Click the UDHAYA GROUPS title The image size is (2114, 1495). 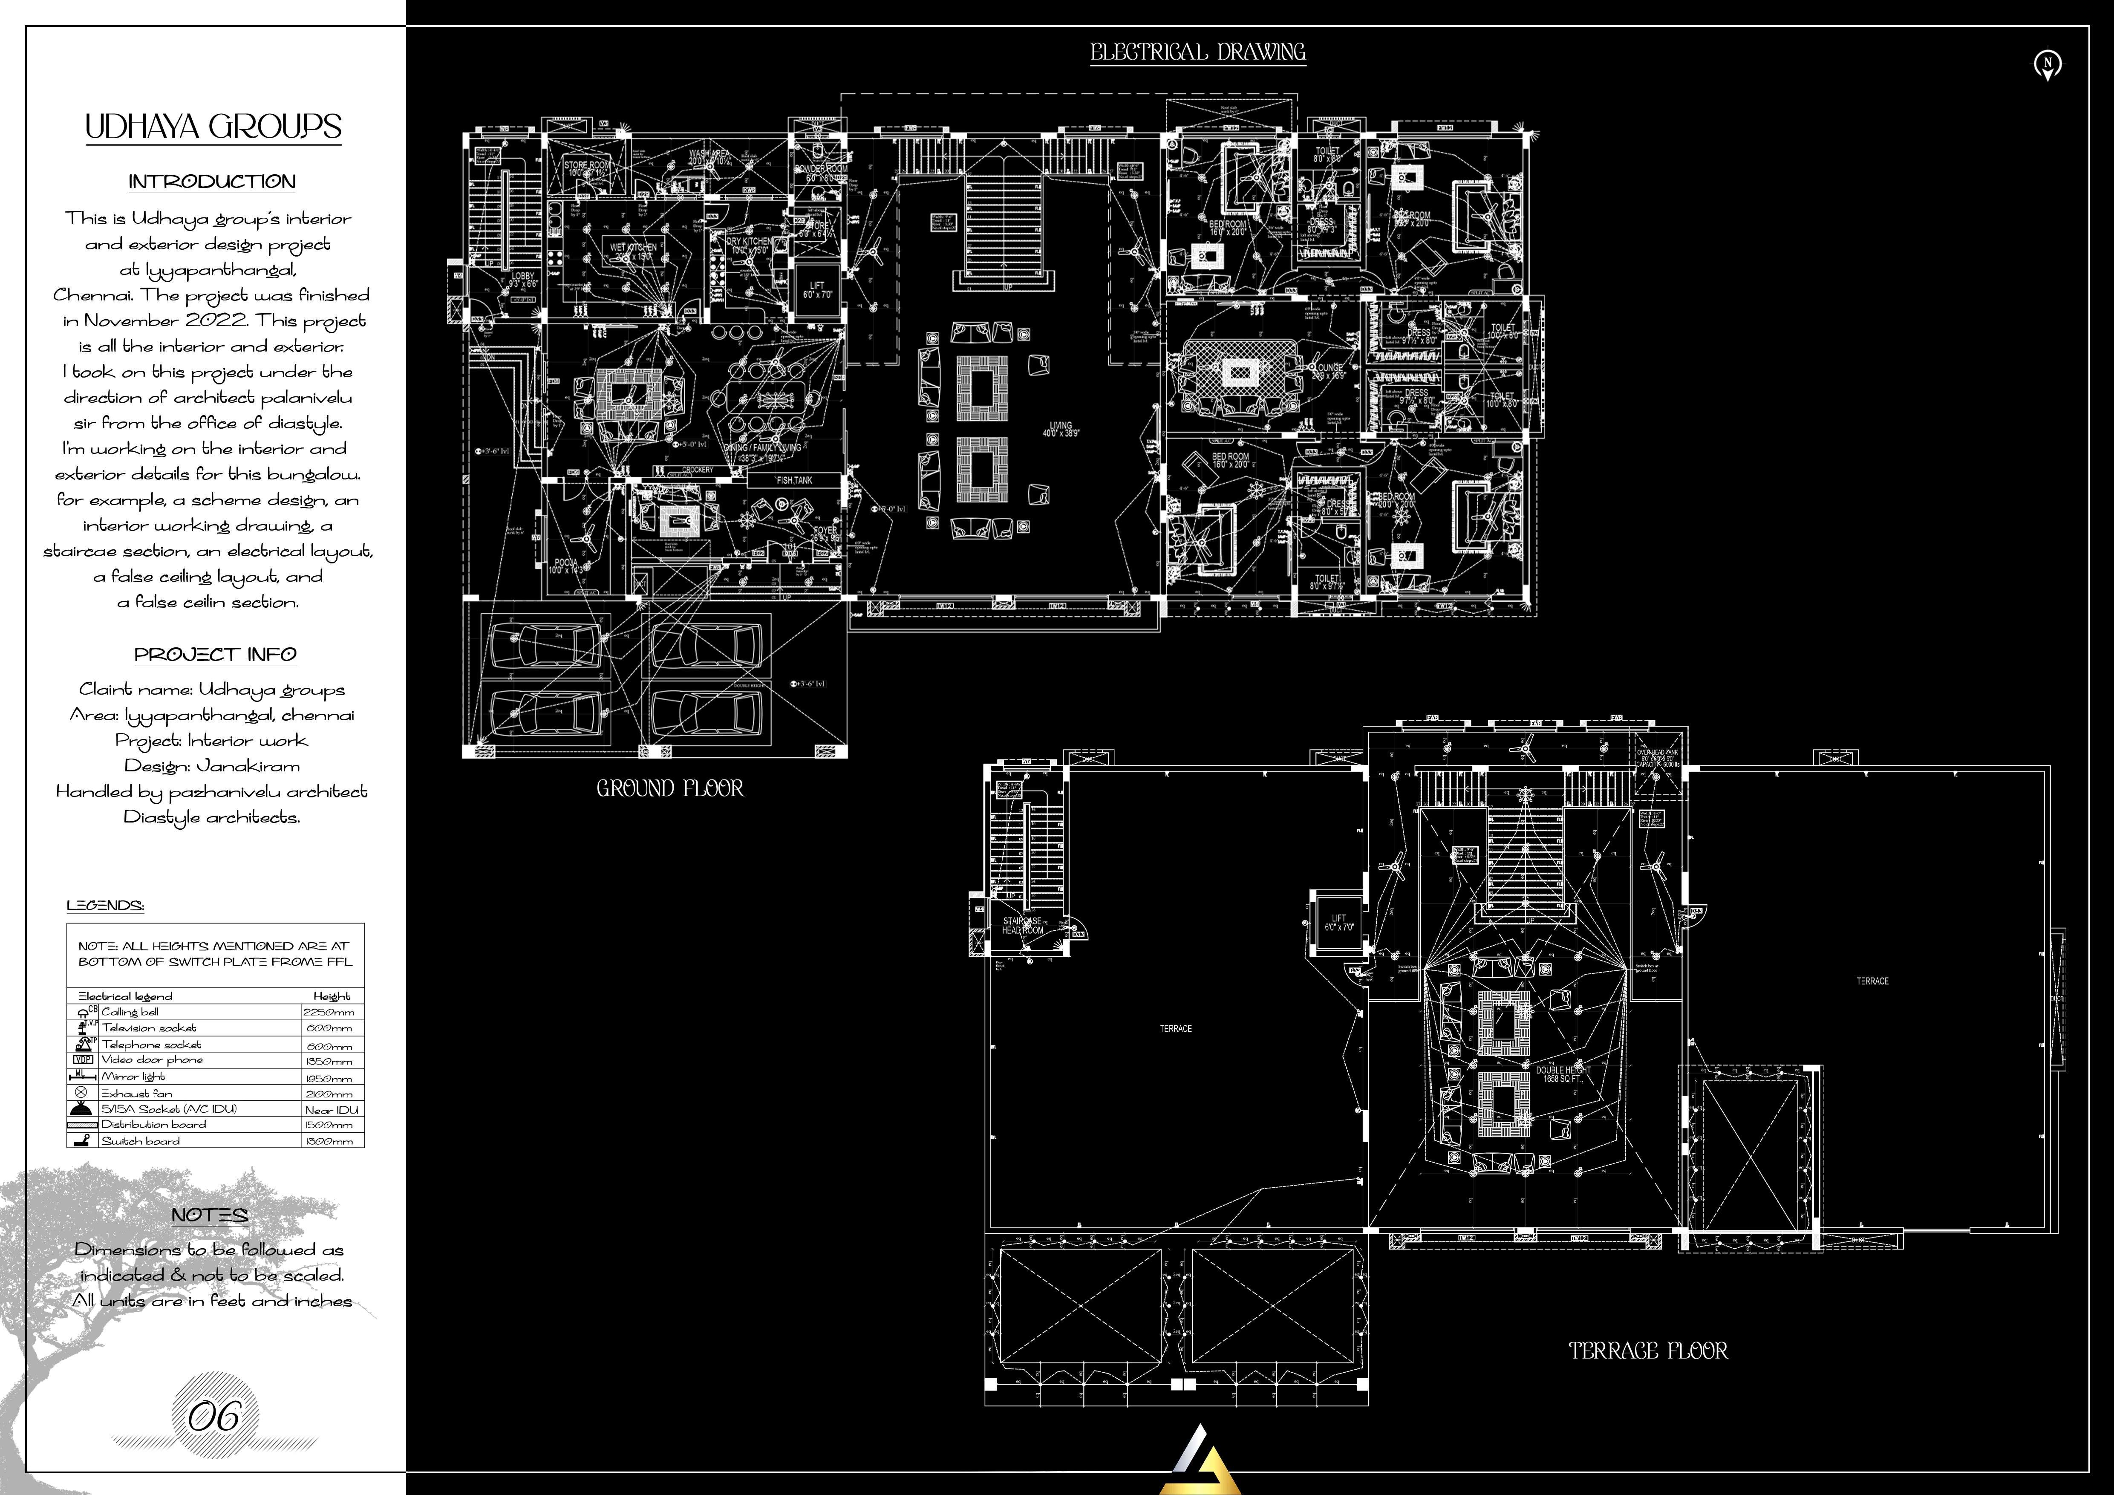coord(213,127)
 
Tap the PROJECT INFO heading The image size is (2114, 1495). coord(216,655)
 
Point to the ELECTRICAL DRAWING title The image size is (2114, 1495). coord(1198,52)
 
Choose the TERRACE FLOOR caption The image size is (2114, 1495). coord(1648,1351)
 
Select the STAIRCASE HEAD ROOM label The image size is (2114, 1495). coord(1022,925)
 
